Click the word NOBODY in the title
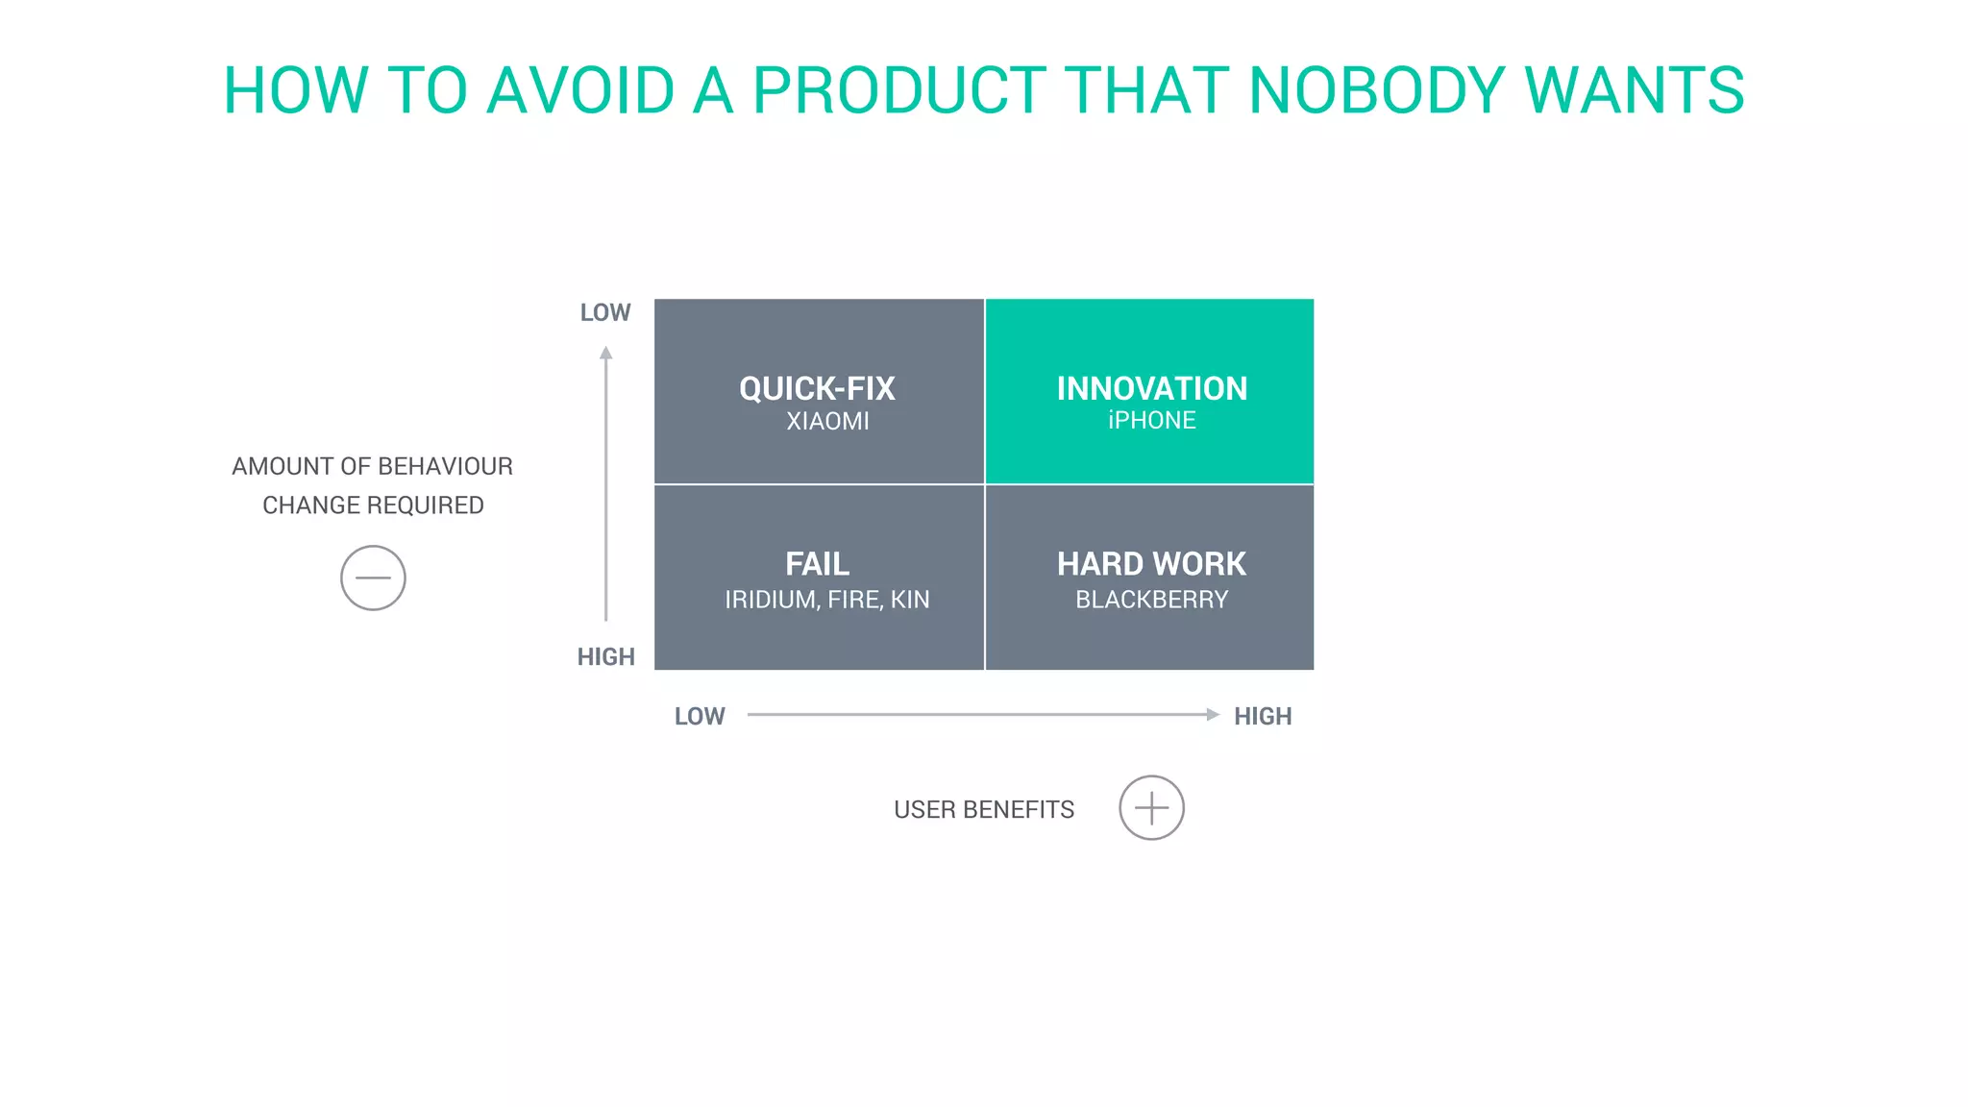1376,91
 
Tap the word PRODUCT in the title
898,91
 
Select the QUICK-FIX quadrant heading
817,388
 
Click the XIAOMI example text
827,421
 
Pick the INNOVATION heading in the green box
1151,388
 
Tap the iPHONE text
1151,420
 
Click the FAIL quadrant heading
817,563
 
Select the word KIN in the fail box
909,600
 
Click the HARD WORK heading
1151,563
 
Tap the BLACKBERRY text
1151,600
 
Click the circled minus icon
373,578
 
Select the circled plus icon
1151,807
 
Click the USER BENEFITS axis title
984,809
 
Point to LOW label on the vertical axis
604,312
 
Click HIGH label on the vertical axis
605,656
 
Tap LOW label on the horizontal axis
699,716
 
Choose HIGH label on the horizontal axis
1262,716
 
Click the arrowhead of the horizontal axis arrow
1213,714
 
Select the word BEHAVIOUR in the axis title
445,466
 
